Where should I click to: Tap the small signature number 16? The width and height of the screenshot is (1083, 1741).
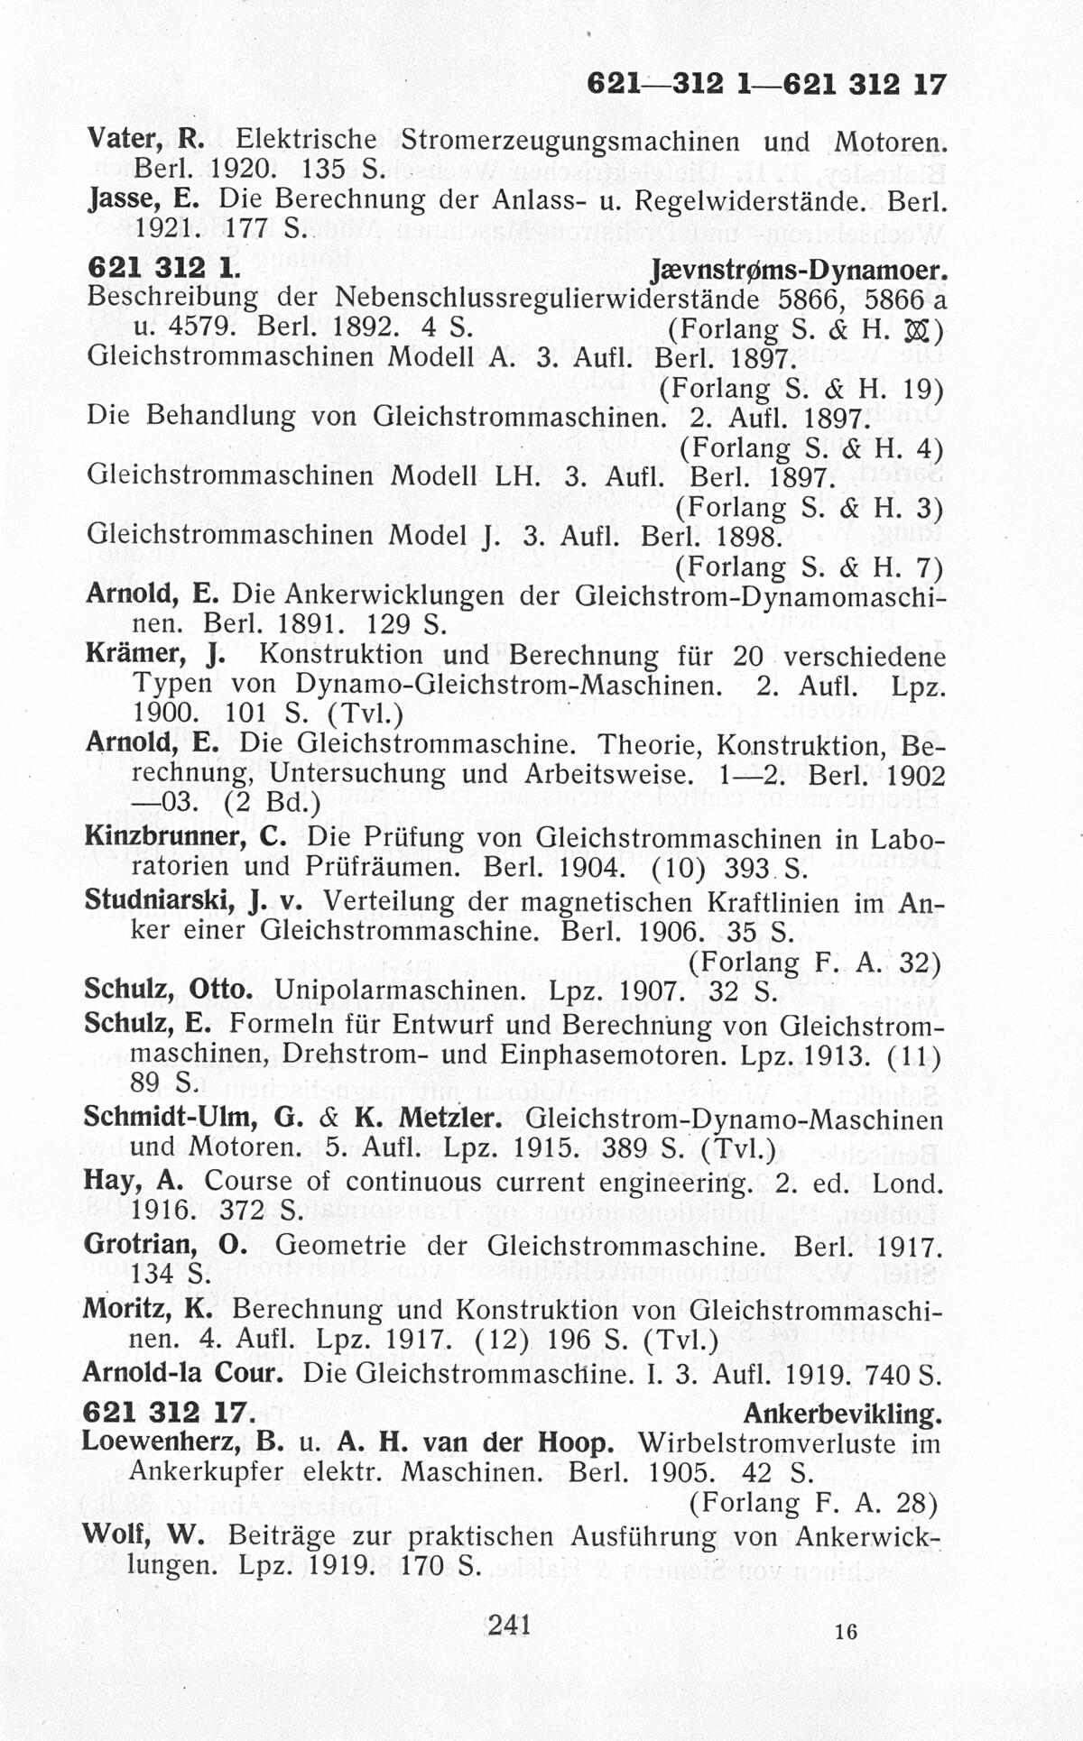846,1631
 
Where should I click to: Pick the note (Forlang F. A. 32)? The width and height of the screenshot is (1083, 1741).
815,963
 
